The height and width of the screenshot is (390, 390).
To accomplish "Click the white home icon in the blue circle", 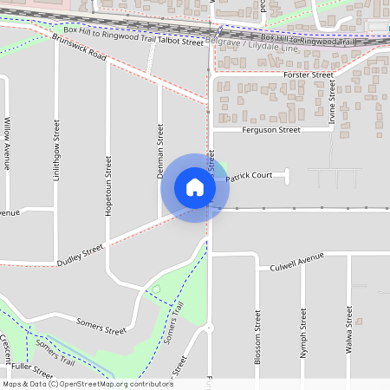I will click(195, 186).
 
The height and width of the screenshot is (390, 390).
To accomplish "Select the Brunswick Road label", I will click(78, 49).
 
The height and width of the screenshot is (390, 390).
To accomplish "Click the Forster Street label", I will click(309, 75).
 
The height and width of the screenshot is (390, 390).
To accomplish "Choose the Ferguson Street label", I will click(270, 130).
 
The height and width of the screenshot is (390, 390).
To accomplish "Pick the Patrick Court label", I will click(250, 177).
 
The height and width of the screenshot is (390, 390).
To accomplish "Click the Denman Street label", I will click(160, 151).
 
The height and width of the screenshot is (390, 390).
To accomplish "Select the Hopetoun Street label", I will click(109, 186).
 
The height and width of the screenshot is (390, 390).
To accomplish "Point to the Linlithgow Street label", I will click(57, 157).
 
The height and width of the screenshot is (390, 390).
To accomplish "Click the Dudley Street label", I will click(80, 254).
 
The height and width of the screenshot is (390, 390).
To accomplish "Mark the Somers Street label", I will click(101, 326).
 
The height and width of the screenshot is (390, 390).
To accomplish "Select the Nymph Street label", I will click(303, 333).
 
